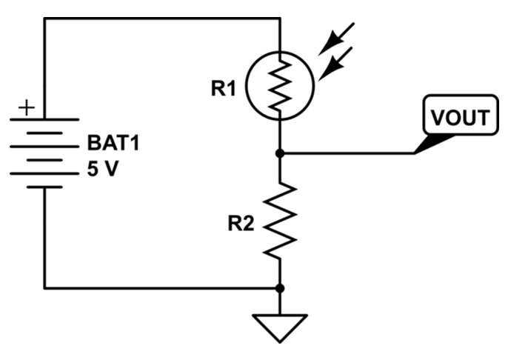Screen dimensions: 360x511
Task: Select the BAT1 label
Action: pos(113,142)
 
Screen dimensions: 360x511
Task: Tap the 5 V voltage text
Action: pos(103,169)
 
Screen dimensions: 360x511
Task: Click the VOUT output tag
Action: pos(460,118)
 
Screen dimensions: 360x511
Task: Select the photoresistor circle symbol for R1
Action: pos(280,84)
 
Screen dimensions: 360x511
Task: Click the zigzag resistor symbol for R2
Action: pos(280,220)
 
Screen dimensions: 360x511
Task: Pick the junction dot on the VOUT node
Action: pos(280,153)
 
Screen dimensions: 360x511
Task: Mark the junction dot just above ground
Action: pos(280,287)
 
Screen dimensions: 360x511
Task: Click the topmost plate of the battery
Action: pos(44,119)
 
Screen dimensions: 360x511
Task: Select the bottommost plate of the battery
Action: pos(44,186)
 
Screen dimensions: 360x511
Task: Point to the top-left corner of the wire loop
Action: pos(44,19)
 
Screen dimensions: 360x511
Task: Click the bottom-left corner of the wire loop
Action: pos(44,287)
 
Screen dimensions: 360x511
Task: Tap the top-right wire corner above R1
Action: pos(280,19)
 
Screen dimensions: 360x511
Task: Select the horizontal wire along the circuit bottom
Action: pos(163,287)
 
